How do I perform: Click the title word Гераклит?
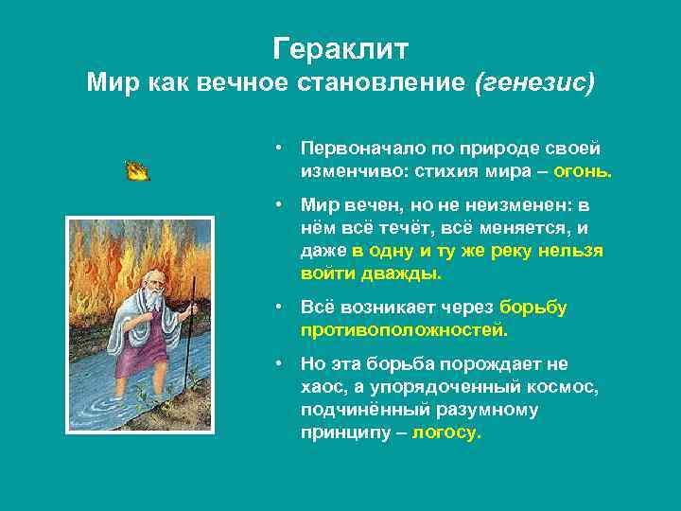click(340, 47)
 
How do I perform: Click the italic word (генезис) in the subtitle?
click(535, 82)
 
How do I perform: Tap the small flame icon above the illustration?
click(138, 170)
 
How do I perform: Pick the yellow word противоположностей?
click(404, 330)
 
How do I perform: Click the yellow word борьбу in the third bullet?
click(533, 308)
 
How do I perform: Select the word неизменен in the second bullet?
click(519, 205)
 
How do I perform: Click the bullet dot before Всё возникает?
click(281, 308)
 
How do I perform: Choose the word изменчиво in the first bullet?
click(344, 172)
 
